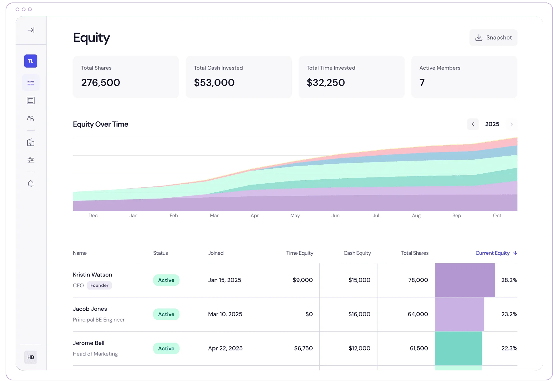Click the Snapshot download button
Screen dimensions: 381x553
coord(493,38)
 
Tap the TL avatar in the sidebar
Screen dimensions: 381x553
coord(31,61)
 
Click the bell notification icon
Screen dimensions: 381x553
coord(31,184)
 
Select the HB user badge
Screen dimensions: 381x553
coord(31,357)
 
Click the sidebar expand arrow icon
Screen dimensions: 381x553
coord(31,30)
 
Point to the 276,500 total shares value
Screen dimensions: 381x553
coord(101,82)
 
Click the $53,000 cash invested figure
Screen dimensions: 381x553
coord(214,82)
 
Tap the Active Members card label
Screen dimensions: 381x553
coord(440,68)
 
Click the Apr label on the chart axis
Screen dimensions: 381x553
coord(254,215)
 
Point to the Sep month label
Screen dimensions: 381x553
coord(456,215)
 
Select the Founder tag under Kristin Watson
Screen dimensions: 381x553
coord(99,285)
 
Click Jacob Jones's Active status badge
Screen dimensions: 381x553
coord(166,314)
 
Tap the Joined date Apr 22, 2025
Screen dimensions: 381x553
coord(225,348)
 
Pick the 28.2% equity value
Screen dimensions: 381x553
coord(509,280)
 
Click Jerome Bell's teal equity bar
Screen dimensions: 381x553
coord(458,348)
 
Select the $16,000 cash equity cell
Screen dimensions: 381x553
coord(359,314)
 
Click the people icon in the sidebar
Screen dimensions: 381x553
coord(31,119)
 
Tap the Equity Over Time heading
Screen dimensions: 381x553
coord(101,124)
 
